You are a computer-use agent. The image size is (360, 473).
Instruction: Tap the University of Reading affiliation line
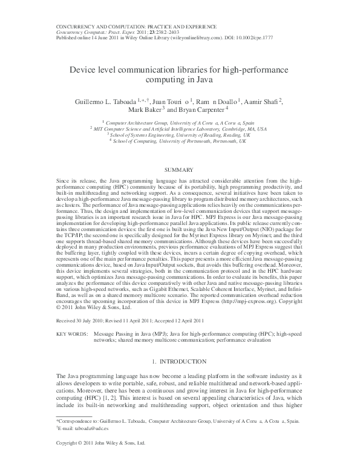coord(180,135)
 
